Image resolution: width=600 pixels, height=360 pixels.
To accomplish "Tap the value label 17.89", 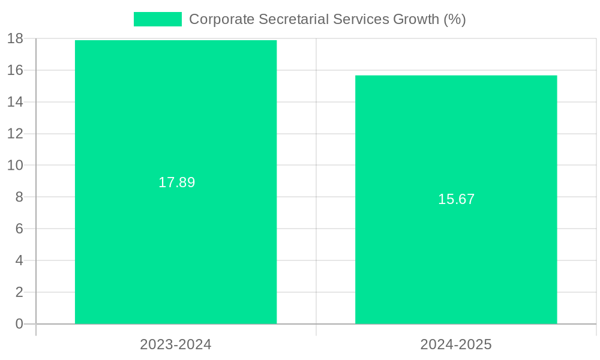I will (176, 182).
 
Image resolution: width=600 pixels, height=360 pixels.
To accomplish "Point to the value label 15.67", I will (456, 199).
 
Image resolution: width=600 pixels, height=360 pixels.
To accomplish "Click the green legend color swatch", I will (157, 19).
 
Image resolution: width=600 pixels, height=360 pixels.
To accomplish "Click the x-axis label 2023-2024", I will (176, 344).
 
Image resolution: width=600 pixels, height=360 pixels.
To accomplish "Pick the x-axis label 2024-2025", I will (456, 344).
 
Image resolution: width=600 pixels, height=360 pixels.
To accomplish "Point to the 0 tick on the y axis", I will (19, 324).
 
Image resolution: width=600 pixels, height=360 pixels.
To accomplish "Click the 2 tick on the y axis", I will (19, 292).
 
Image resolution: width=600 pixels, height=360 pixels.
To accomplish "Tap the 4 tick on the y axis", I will (19, 260).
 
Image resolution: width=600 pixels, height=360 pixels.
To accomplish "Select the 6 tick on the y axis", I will (19, 229).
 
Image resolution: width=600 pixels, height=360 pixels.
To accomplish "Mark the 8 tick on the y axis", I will (19, 197).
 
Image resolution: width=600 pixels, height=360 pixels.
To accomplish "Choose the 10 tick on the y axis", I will (15, 165).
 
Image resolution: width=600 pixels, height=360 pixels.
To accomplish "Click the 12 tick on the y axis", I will (15, 133).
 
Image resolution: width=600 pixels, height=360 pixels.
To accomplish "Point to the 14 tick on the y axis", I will (15, 102).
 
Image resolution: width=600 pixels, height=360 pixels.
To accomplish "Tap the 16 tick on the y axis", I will (15, 70).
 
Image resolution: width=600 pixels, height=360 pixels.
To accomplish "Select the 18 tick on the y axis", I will (15, 38).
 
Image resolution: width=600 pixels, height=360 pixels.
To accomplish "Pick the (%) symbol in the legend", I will (454, 19).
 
